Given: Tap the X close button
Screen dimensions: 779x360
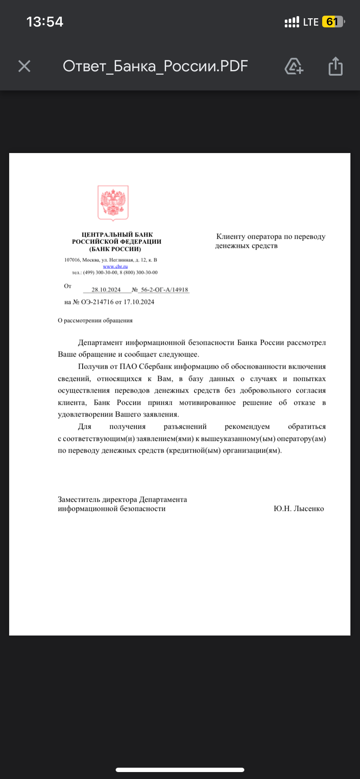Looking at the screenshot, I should click(x=24, y=66).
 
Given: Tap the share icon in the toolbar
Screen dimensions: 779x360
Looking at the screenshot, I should click(x=335, y=66).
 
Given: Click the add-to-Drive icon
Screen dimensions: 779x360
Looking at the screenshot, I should click(x=294, y=66).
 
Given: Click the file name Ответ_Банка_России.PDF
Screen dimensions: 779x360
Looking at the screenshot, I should click(x=155, y=66).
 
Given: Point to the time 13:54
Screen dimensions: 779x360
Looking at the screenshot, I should click(x=45, y=22).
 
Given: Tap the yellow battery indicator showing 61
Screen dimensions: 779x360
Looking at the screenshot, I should click(x=332, y=22).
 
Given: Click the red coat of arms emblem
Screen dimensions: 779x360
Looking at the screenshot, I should click(x=113, y=203).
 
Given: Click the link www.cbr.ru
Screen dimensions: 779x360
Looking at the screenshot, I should click(x=115, y=266).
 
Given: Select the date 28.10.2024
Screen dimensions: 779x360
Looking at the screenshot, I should click(x=106, y=290).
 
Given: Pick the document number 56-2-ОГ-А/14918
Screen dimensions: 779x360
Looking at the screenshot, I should click(x=164, y=290).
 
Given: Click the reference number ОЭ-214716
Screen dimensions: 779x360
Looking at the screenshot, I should click(x=97, y=302).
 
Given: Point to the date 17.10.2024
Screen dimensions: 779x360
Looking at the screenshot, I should click(x=139, y=302).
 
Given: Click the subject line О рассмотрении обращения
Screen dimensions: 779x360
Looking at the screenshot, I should click(x=95, y=320).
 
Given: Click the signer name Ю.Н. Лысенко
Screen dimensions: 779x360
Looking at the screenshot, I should click(x=299, y=509).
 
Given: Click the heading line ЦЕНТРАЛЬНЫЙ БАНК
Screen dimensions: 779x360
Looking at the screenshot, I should click(x=117, y=235).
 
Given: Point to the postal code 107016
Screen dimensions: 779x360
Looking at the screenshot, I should click(x=72, y=260).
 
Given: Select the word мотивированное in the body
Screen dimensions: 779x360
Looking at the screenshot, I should click(x=207, y=403).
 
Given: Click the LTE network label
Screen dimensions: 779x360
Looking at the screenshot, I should click(x=311, y=22).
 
